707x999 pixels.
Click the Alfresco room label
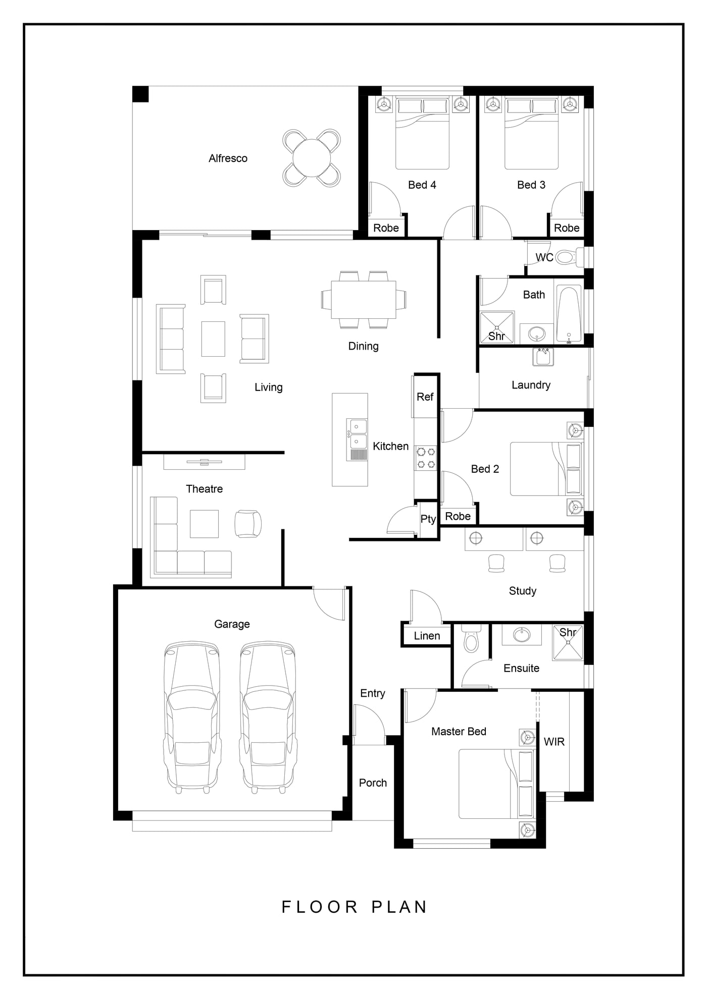click(x=228, y=158)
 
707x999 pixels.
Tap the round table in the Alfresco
click(x=312, y=157)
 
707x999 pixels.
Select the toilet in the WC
click(x=569, y=258)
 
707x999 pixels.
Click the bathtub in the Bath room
click(x=569, y=315)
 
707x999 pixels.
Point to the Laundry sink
click(x=543, y=357)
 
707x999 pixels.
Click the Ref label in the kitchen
click(x=425, y=397)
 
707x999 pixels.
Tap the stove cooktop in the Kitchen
click(x=426, y=458)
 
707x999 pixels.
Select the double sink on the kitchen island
click(x=357, y=434)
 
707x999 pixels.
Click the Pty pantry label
click(x=428, y=519)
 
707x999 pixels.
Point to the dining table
click(x=364, y=300)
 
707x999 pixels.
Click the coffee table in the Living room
click(x=213, y=339)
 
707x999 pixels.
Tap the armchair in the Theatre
click(x=248, y=524)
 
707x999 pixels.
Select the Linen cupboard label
click(x=427, y=636)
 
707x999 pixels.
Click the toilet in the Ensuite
click(x=471, y=639)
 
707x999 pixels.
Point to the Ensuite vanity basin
click(x=522, y=634)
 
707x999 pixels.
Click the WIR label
click(x=554, y=742)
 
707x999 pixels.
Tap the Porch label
click(x=373, y=783)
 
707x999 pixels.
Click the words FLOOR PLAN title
click(x=355, y=907)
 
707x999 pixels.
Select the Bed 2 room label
click(x=485, y=469)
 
